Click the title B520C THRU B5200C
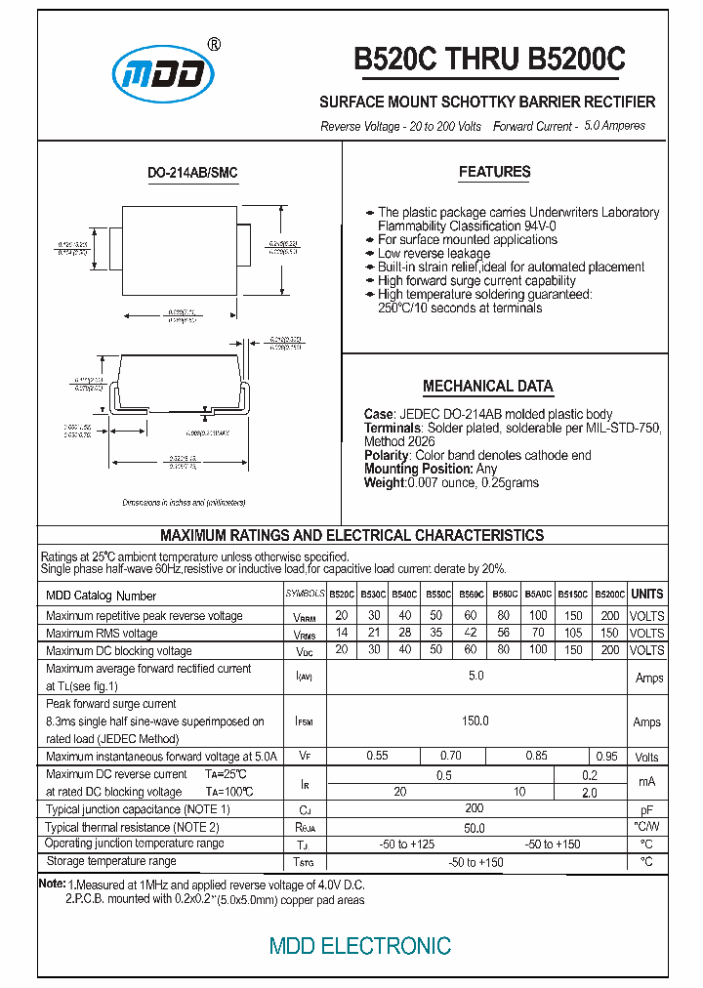pos(489,60)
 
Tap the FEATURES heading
pos(494,173)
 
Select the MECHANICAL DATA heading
pos(487,386)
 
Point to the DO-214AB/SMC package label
pos(192,173)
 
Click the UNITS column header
pos(646,595)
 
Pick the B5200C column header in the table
pos(609,595)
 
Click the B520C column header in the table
pos(342,595)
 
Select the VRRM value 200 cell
pos(609,616)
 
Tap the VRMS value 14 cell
pos(342,634)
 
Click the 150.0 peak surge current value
pos(475,721)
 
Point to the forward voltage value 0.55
pos(377,757)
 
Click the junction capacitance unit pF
pos(646,810)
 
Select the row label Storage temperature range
pos(111,861)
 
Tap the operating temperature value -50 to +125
pos(408,844)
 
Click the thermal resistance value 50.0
pos(475,828)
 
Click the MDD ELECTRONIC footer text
pos(359,946)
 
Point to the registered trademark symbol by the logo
pos(215,44)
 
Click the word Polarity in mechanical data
pos(387,455)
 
